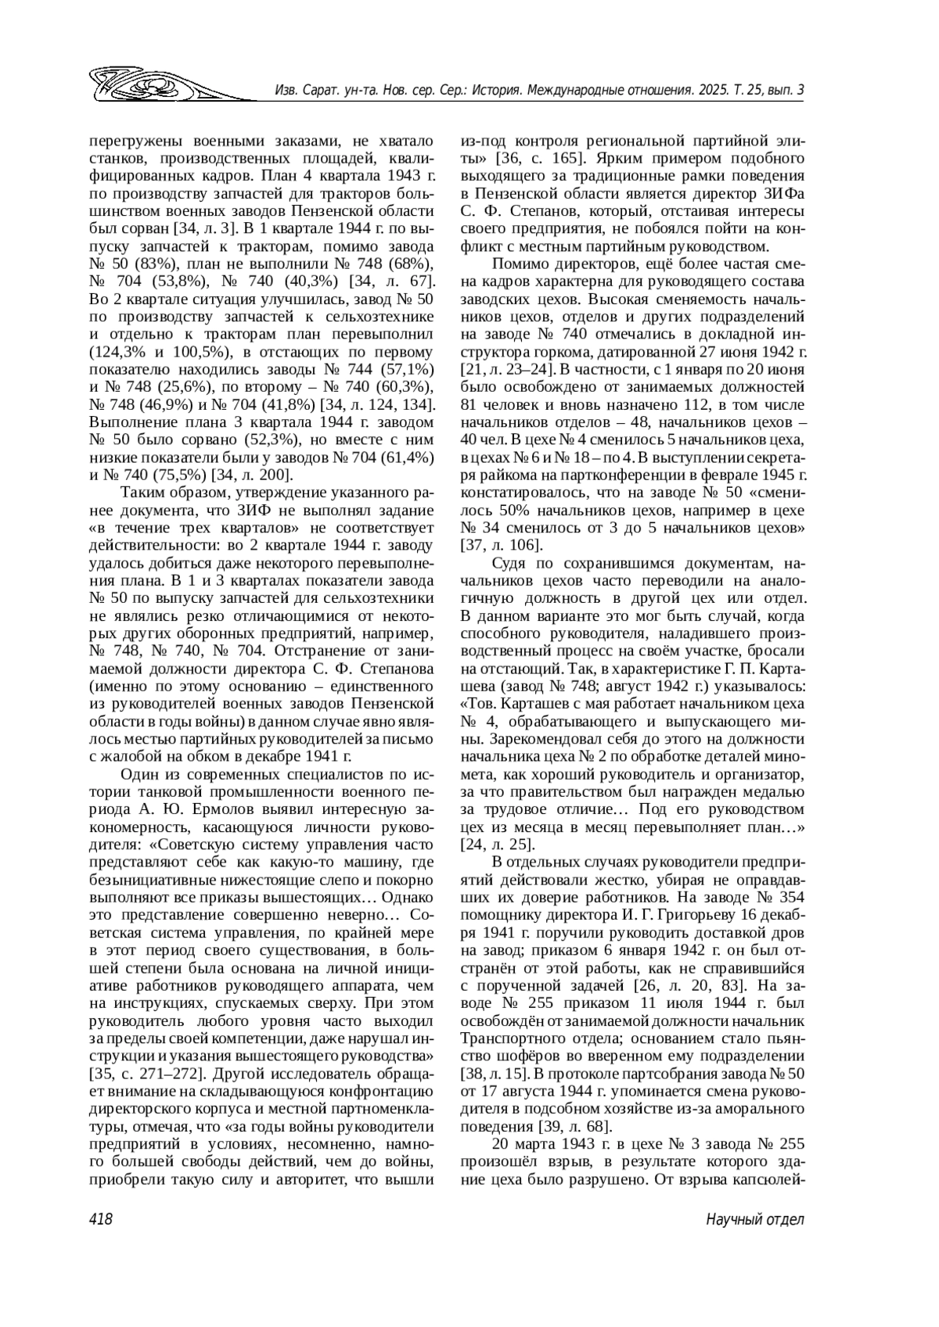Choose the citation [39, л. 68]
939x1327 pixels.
coord(574,1126)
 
